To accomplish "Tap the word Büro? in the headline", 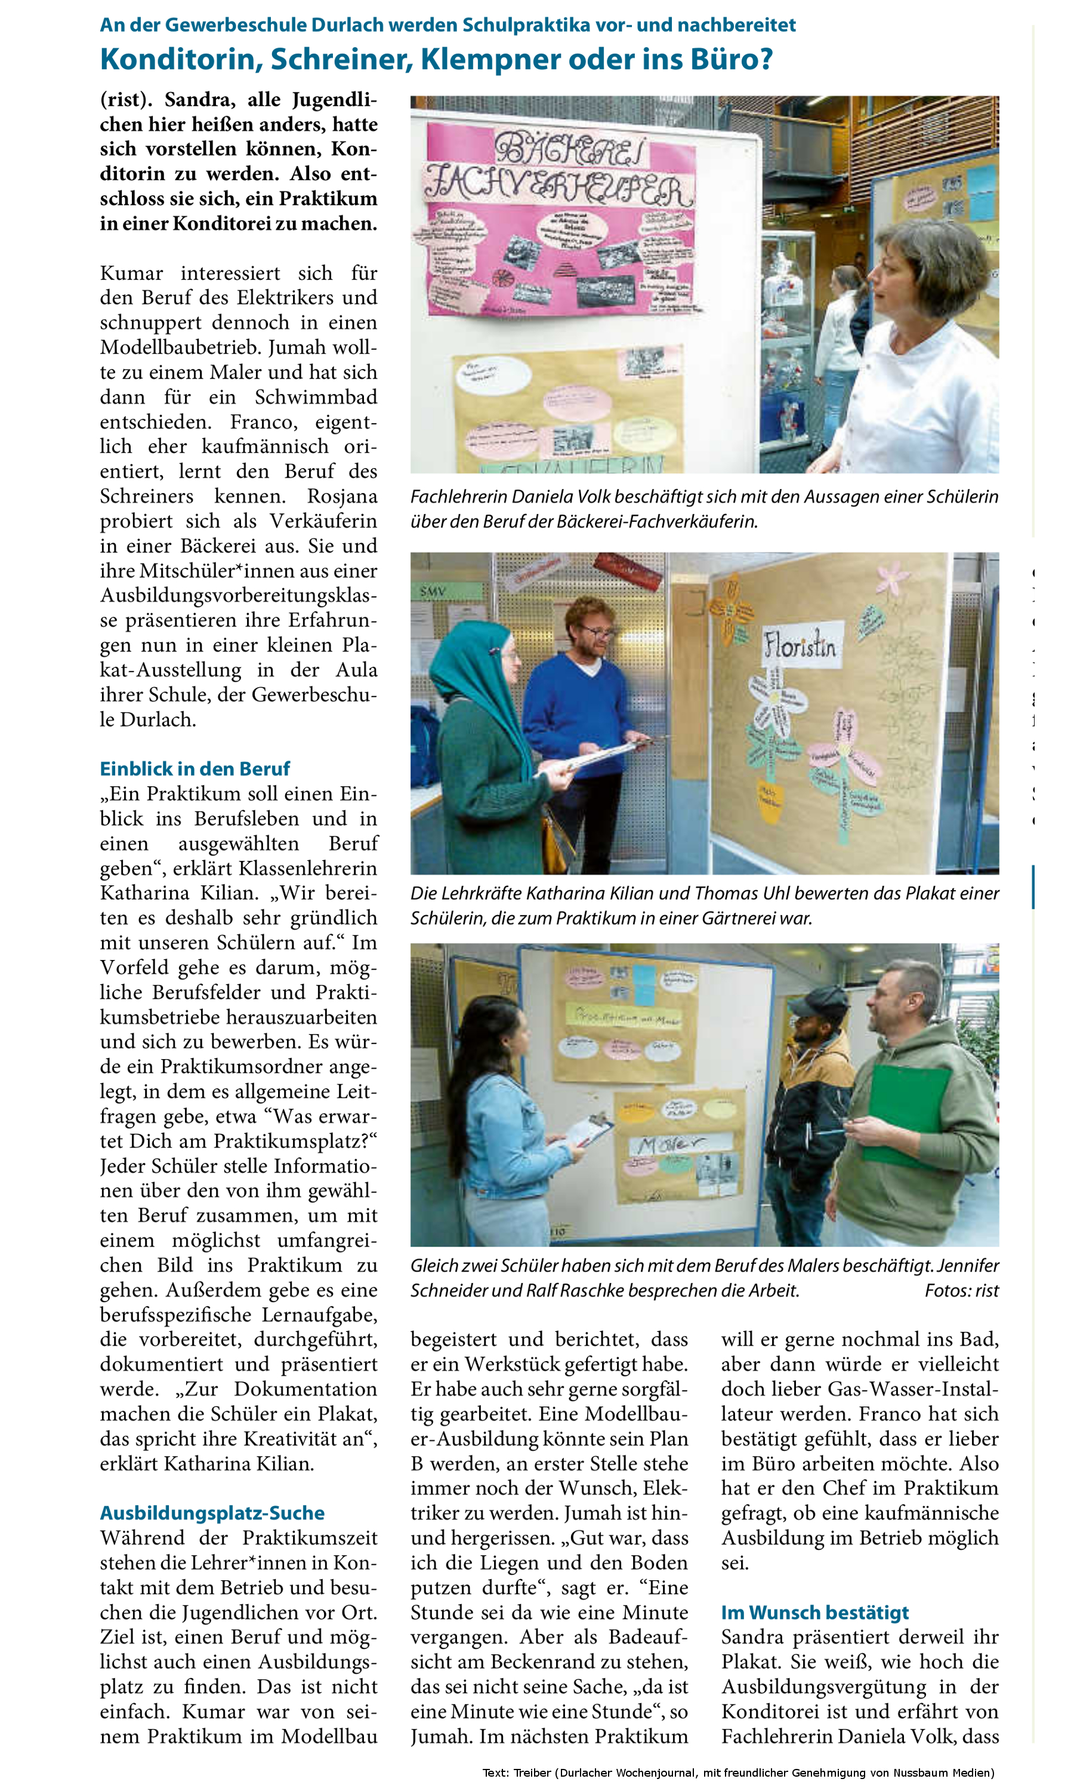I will (x=731, y=59).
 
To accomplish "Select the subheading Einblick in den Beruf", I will (x=195, y=768).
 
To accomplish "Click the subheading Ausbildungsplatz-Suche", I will (x=212, y=1513).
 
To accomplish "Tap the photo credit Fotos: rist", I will (x=961, y=1290).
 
